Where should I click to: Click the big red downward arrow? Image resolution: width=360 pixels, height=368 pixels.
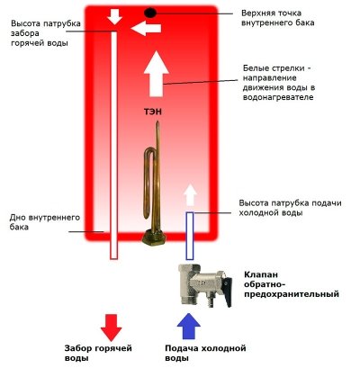click(112, 325)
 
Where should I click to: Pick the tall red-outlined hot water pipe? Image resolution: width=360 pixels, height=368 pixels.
click(113, 144)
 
